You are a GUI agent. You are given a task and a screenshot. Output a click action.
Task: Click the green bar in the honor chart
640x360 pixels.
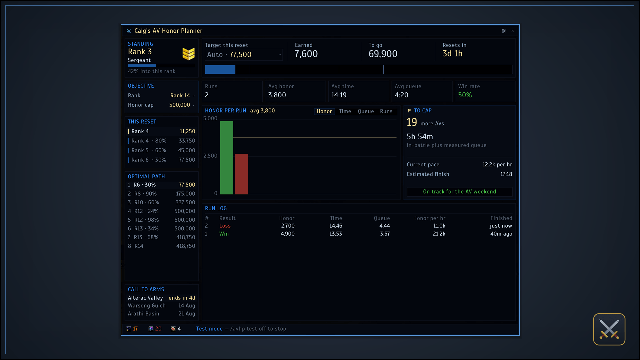(227, 157)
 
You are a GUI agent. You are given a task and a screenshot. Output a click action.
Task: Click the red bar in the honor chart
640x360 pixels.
(241, 174)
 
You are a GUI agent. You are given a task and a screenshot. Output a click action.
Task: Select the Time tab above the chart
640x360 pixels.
(345, 111)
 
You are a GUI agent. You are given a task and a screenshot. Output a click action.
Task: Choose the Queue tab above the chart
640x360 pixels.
(366, 111)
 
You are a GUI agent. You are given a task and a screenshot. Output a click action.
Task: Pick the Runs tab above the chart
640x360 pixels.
(386, 111)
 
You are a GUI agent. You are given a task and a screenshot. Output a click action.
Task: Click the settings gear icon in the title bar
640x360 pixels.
(504, 31)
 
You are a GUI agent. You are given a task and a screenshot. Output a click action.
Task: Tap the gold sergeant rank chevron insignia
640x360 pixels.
(188, 54)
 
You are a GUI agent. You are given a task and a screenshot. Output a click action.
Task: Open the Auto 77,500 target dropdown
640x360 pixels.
(244, 55)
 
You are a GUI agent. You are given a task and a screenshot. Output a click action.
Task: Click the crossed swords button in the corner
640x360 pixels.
(609, 329)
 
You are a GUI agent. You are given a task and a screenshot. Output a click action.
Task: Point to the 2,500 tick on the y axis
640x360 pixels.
(210, 156)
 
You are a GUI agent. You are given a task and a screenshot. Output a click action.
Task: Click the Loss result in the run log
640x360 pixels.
(225, 226)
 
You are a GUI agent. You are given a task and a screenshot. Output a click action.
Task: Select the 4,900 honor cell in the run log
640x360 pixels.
(288, 234)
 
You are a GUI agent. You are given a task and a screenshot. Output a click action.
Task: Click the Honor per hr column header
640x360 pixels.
(429, 218)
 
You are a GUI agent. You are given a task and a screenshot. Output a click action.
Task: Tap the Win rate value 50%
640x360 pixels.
(465, 95)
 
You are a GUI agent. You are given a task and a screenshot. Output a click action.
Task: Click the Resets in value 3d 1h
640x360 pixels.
(452, 54)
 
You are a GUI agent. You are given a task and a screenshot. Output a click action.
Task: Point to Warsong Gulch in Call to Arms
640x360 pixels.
(147, 306)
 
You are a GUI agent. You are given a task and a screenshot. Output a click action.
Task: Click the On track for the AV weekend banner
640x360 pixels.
(459, 192)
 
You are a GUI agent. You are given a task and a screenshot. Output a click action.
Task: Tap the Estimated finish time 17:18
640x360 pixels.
(506, 174)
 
